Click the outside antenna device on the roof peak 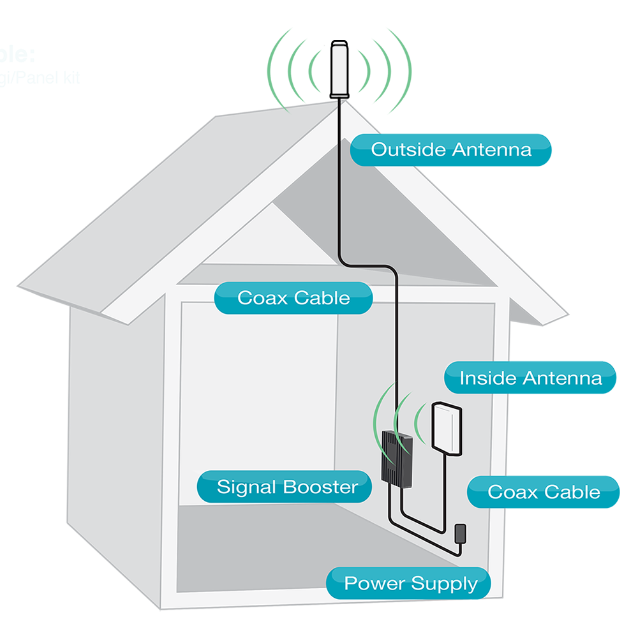point(339,70)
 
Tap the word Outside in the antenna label point(408,150)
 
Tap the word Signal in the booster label point(247,487)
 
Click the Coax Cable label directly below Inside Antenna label point(544,492)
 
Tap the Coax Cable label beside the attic point(293,298)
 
